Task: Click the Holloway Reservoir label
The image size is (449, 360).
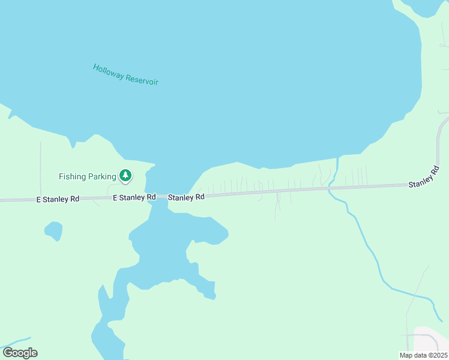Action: (x=125, y=74)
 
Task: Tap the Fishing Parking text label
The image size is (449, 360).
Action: (x=87, y=176)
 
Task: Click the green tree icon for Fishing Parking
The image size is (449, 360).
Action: (x=125, y=176)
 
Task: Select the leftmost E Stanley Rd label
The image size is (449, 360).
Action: (x=58, y=199)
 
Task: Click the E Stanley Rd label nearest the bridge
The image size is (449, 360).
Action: (x=134, y=197)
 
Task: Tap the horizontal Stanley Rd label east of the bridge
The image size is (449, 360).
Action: (x=186, y=197)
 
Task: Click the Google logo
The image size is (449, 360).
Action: (x=20, y=353)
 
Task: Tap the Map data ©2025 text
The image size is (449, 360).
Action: (x=423, y=355)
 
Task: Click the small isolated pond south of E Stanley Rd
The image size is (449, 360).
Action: (x=53, y=230)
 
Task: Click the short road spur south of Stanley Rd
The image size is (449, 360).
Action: (x=277, y=206)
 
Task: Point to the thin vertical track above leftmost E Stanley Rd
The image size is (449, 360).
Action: (x=40, y=168)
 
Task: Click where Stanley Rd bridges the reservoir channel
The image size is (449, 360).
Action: (x=158, y=196)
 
